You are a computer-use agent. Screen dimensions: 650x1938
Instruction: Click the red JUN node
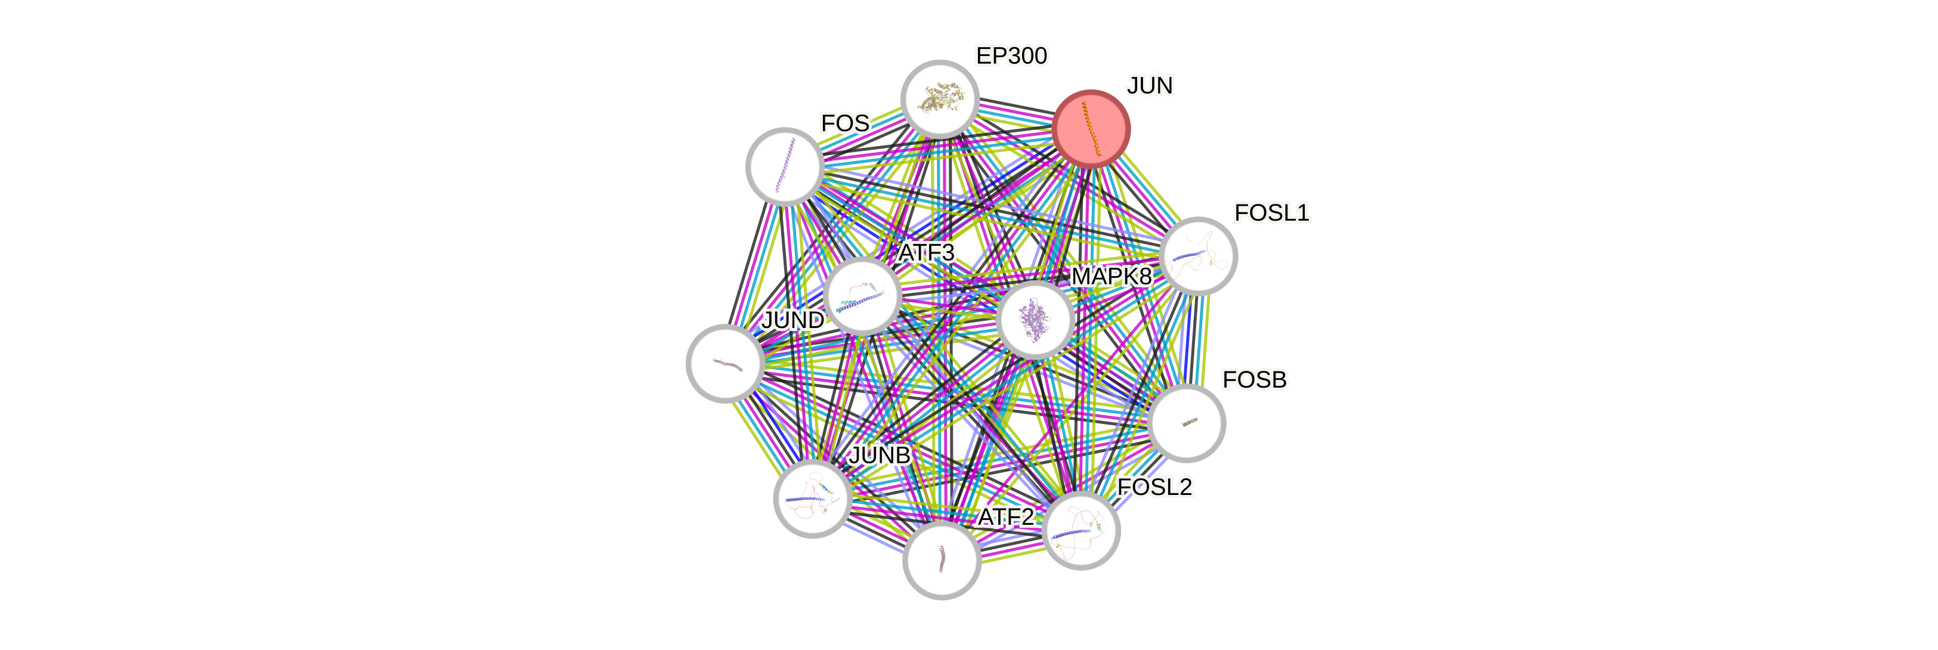tap(1091, 129)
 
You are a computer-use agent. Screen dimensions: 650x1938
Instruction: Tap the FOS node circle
tap(785, 166)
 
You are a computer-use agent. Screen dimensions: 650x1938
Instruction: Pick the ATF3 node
tap(862, 296)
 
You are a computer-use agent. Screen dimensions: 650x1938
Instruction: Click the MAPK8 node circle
tap(1035, 320)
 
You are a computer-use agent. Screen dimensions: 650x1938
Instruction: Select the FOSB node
tap(1187, 423)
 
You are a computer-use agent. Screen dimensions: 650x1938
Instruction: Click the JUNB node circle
tap(813, 499)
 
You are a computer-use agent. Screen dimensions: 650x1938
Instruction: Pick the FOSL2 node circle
tap(1082, 531)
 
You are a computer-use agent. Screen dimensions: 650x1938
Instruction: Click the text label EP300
tap(1011, 55)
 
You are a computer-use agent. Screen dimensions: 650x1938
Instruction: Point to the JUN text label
tap(1150, 86)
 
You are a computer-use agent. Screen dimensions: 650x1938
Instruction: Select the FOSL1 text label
tap(1271, 213)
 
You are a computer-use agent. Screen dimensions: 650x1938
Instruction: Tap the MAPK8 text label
tap(1111, 277)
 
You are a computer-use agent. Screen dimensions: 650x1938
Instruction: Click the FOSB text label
tap(1254, 380)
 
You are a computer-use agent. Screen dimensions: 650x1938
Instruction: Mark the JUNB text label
tap(880, 455)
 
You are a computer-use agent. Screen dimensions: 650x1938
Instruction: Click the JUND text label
tap(793, 320)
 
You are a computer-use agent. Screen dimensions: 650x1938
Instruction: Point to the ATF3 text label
tap(926, 253)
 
